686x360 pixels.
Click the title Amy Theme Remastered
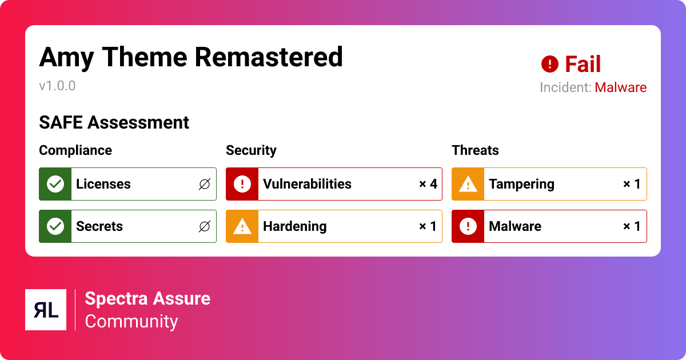coord(191,58)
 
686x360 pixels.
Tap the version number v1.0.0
coord(57,86)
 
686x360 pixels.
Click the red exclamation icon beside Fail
coord(550,64)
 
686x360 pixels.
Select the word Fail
coord(583,64)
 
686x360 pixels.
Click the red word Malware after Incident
coord(620,87)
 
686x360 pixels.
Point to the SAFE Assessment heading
coord(114,123)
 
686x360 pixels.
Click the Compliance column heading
coord(75,150)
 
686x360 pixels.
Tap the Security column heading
coord(251,151)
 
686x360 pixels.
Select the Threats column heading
coord(475,150)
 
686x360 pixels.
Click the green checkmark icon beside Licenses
coord(55,184)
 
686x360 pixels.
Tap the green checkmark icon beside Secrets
coord(55,226)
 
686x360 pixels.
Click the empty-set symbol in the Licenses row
coord(205,184)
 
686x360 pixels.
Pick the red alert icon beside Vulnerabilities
coord(242,184)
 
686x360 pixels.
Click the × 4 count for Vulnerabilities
coord(428,184)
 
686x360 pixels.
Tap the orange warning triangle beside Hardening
coord(242,226)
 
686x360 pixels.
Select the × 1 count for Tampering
coord(632,184)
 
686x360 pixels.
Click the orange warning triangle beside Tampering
coord(468,184)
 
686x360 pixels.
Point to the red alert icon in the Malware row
coord(468,226)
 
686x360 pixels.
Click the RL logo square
coord(46,310)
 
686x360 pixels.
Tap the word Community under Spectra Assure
coord(131,321)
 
